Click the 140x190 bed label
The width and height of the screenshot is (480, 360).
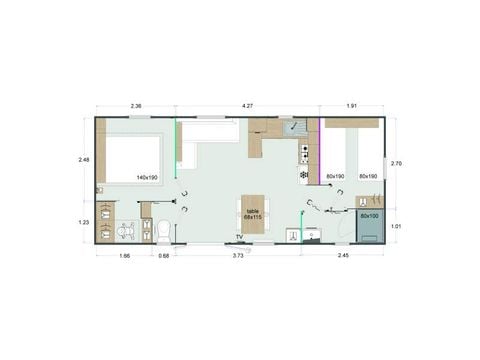pyautogui.click(x=147, y=178)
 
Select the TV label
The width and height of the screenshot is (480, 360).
pyautogui.click(x=239, y=237)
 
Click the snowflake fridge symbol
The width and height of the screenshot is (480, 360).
pyautogui.click(x=304, y=175)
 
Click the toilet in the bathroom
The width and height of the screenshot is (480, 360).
pyautogui.click(x=164, y=230)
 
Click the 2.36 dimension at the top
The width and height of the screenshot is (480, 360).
pyautogui.click(x=136, y=105)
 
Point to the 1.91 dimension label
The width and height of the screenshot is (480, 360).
pyautogui.click(x=351, y=105)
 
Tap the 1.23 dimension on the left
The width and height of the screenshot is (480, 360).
pyautogui.click(x=85, y=223)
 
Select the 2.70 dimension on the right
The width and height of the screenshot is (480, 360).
pyautogui.click(x=397, y=163)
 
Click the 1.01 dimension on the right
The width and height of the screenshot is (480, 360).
pyautogui.click(x=397, y=226)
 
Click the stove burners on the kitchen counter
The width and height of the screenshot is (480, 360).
pyautogui.click(x=304, y=152)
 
